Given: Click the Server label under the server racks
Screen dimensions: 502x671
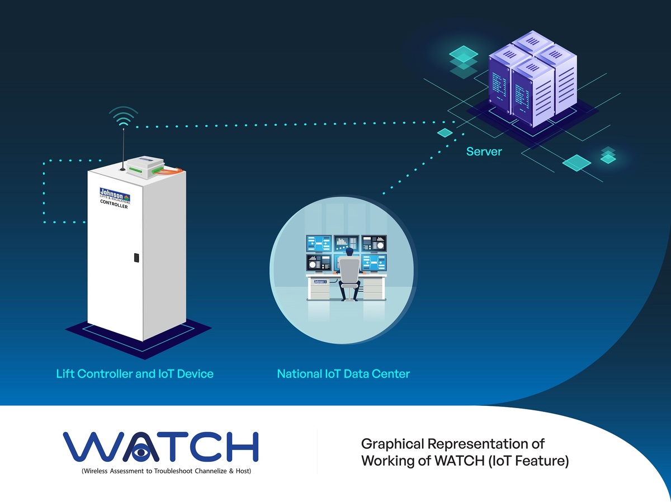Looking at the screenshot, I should coord(484,151).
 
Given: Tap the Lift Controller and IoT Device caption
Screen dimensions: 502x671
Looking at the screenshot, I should coord(135,373).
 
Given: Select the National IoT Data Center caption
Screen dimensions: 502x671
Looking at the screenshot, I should coord(343,373).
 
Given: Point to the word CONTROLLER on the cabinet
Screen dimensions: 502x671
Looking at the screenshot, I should coord(114,206).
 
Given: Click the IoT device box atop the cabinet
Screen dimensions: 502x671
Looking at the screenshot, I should coord(144,167).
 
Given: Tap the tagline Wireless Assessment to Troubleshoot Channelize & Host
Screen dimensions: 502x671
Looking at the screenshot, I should coord(166,471).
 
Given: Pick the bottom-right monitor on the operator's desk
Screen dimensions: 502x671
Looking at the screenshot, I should coord(374,261).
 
